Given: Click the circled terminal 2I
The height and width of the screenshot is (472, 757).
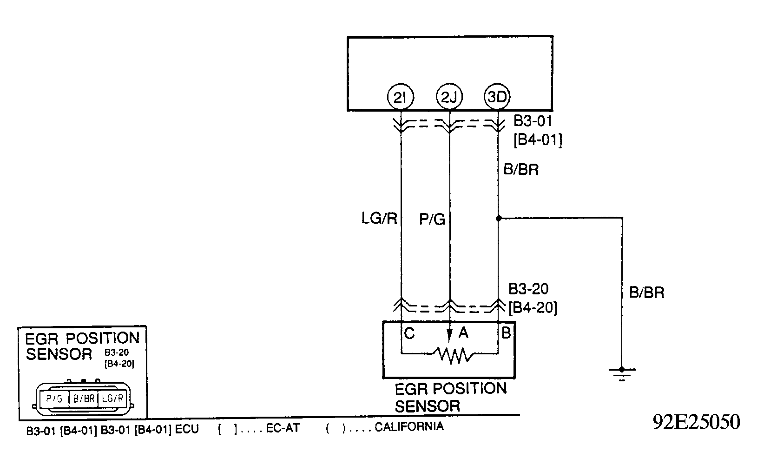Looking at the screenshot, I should coord(401,97).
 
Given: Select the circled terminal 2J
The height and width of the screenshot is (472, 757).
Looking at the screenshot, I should coord(449,97).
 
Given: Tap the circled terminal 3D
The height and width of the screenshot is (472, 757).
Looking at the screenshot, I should coord(498,97).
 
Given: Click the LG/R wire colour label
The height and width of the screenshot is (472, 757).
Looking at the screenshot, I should coord(380,219).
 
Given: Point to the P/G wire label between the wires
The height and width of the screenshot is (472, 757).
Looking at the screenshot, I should coord(432,219).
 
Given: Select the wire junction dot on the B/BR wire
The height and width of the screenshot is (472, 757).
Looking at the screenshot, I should coord(498,218).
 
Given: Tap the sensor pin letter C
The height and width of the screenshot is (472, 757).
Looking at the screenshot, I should coord(409,333).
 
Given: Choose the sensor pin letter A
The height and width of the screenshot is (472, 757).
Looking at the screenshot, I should coord(463,333).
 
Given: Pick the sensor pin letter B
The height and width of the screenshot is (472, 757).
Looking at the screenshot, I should coord(507,333).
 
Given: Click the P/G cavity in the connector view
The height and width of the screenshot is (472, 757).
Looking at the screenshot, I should coord(54,399).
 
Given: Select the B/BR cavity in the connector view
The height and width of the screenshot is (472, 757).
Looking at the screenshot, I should coord(84,399).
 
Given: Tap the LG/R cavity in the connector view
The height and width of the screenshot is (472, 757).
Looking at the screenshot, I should coord(113,399).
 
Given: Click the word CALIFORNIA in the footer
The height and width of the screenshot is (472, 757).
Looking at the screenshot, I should coord(409,426).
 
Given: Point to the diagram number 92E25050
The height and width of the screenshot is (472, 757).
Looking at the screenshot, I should coord(696,422).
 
